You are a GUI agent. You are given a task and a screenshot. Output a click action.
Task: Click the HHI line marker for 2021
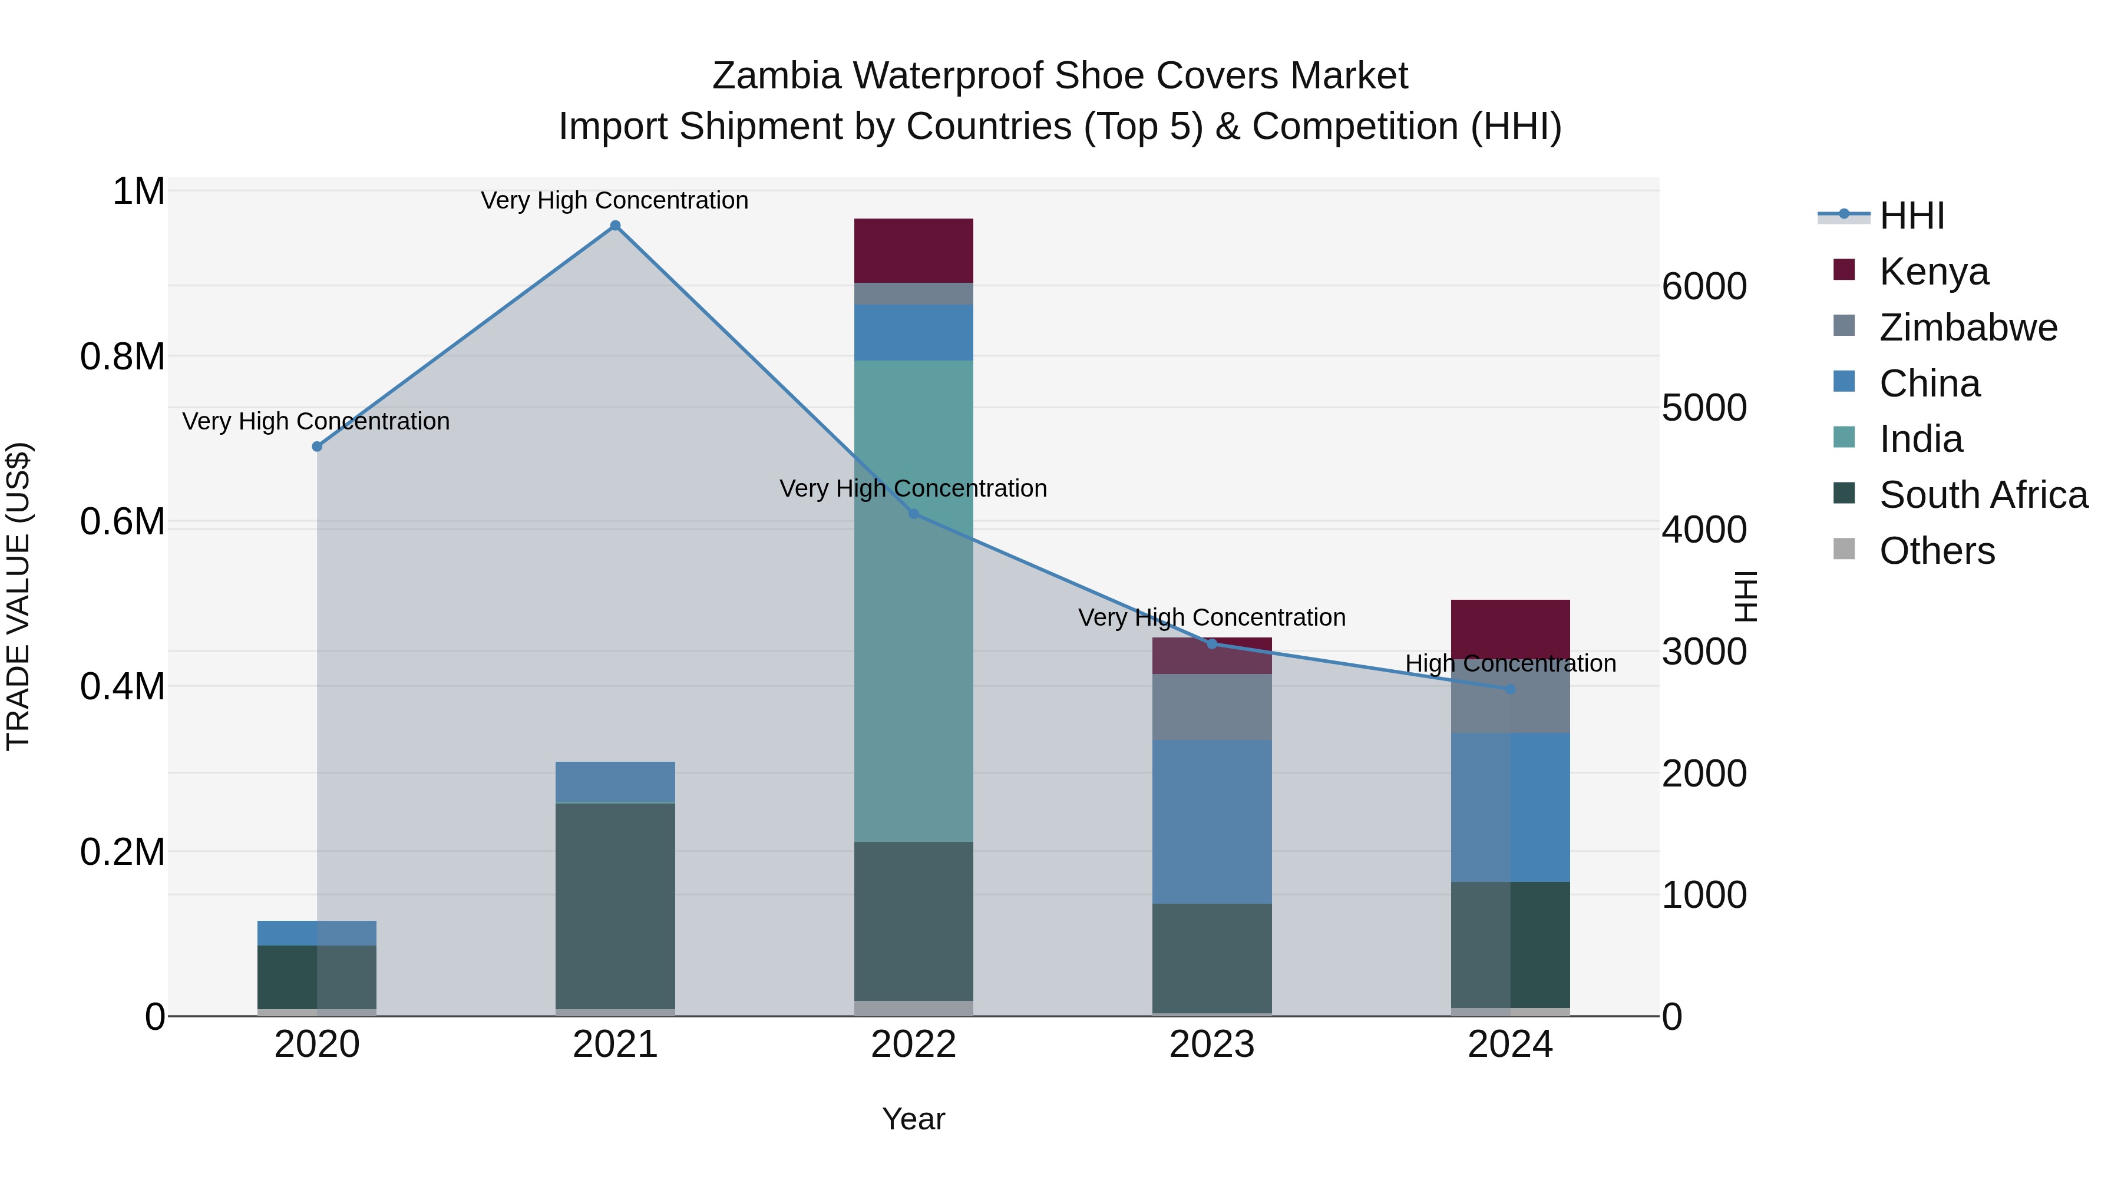click(x=615, y=226)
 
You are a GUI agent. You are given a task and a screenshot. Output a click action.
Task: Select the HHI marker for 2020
click(x=317, y=446)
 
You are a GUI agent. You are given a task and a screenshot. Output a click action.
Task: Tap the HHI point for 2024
click(x=1510, y=689)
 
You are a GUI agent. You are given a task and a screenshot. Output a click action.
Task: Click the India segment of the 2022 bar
click(x=913, y=601)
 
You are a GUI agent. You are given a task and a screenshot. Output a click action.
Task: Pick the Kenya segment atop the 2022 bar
click(x=913, y=250)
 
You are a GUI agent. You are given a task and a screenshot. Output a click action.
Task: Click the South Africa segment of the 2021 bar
click(x=615, y=906)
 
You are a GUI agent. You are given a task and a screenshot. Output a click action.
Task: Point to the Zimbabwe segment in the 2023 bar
click(x=1211, y=706)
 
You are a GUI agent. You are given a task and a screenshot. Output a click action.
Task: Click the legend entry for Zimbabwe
click(x=1968, y=328)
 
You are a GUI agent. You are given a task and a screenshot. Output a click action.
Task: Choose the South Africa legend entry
click(x=1983, y=495)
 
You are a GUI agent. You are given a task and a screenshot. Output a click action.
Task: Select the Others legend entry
click(x=1937, y=551)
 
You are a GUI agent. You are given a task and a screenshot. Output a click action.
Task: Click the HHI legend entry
click(x=1912, y=216)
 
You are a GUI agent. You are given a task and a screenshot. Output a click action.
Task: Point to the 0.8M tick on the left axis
click(x=123, y=358)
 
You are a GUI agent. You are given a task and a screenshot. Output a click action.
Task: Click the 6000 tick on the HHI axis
click(x=1703, y=286)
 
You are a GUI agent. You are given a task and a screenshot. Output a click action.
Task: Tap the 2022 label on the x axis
click(x=913, y=1045)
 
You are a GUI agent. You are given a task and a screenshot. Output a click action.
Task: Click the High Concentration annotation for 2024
click(x=1510, y=663)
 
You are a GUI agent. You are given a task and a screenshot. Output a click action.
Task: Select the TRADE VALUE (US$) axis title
click(x=19, y=596)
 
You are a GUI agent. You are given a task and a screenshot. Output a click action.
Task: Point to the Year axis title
click(x=913, y=1119)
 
